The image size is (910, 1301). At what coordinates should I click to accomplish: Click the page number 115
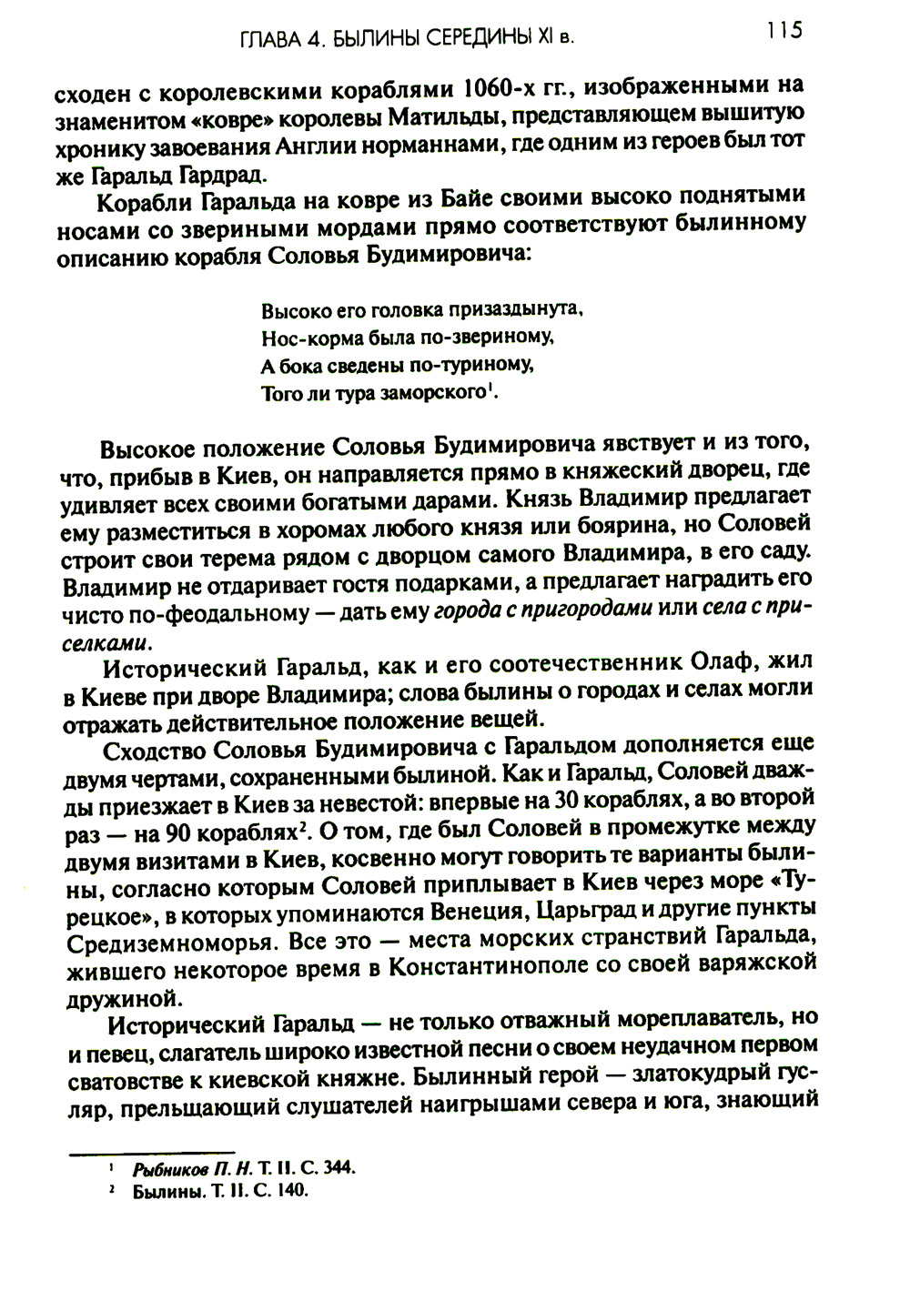coord(784,31)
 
